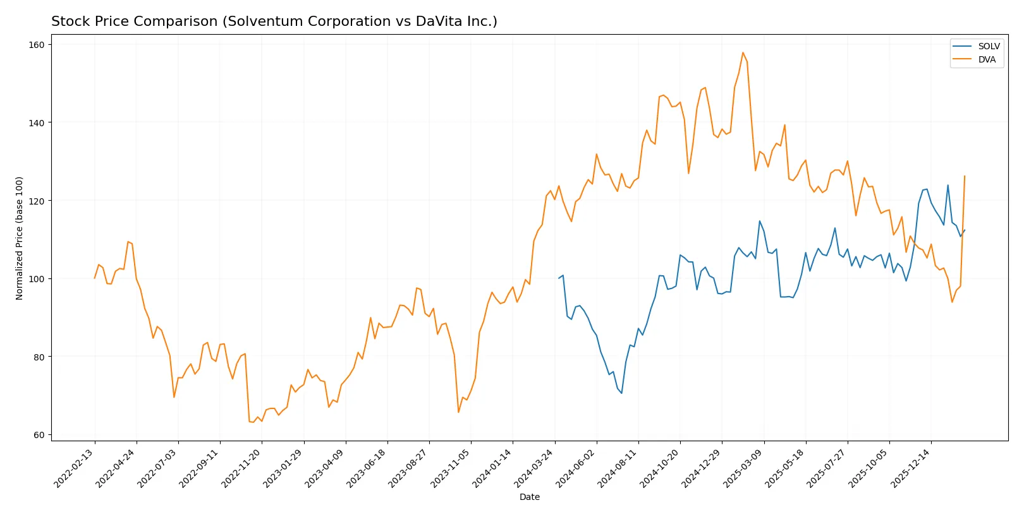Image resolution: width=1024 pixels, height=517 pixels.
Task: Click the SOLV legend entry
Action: [988, 46]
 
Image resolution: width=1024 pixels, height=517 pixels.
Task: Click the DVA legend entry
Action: [986, 59]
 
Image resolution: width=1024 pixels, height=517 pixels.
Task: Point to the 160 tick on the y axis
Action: [37, 45]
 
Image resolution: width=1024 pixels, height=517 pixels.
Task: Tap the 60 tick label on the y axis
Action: [39, 435]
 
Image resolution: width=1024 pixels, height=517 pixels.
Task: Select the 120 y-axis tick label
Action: [37, 201]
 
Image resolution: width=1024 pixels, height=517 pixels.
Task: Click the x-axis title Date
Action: [529, 497]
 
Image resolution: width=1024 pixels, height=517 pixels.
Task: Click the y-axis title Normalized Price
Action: [20, 238]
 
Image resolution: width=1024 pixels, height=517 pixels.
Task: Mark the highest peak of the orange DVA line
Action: [743, 52]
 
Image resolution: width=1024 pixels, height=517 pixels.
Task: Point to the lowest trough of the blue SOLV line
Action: [621, 393]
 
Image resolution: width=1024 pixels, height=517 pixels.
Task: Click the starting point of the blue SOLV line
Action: [559, 278]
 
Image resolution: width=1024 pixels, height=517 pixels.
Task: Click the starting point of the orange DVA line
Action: [95, 278]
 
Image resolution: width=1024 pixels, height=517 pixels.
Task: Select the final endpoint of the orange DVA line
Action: [965, 176]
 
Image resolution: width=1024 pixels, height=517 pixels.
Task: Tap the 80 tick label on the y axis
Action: [39, 357]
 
